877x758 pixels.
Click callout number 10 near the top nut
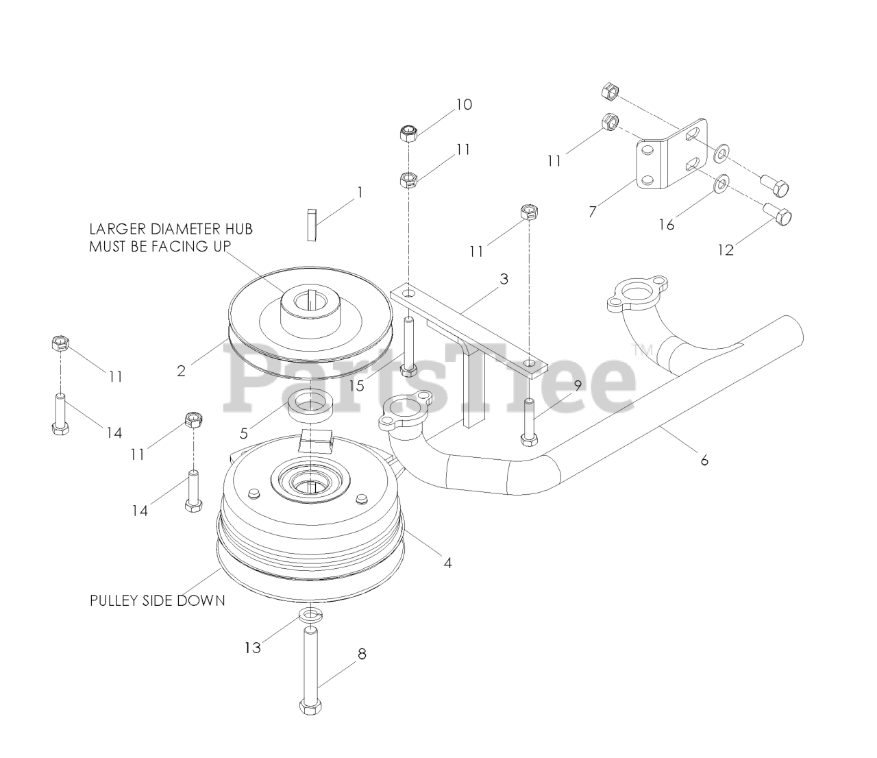coord(464,105)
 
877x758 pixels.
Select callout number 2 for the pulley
coord(181,371)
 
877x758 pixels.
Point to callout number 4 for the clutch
coord(447,563)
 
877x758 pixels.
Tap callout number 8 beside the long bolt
coord(361,654)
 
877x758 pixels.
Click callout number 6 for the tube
coord(704,460)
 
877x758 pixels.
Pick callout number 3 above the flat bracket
coord(504,279)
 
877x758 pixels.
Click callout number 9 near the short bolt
coord(577,385)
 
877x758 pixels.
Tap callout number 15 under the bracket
coord(356,385)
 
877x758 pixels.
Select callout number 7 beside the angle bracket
coord(592,211)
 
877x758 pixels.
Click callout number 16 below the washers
coord(666,224)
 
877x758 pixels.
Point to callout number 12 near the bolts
coord(725,250)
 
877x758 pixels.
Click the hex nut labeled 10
coord(409,132)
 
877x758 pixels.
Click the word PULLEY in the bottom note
coord(111,600)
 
